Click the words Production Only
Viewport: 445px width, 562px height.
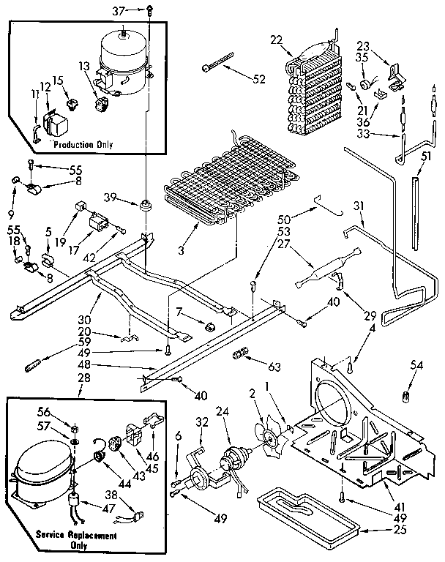(84, 145)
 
